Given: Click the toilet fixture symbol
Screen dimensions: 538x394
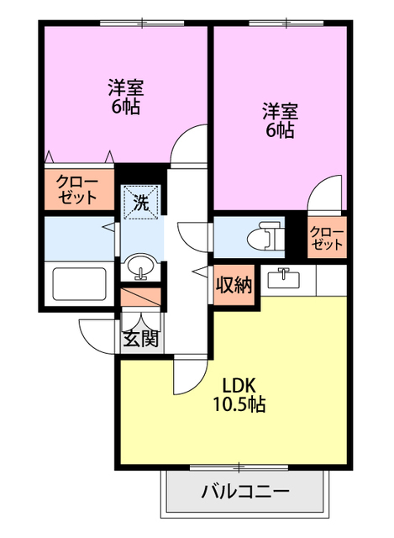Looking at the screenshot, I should [x=267, y=235].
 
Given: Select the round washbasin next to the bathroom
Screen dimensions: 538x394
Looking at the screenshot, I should [x=139, y=268].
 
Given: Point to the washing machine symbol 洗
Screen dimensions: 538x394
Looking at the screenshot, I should [x=141, y=202].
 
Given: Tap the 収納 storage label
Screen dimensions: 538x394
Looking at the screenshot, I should [x=234, y=284].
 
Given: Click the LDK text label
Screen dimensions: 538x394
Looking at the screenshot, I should [x=238, y=385].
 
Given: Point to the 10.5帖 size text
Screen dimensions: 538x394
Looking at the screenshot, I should [x=238, y=404].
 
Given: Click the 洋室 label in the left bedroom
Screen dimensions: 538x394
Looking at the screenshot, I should [x=123, y=87].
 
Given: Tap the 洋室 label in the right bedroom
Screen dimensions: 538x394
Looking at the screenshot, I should [x=280, y=110].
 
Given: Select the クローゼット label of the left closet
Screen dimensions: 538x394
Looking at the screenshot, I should [x=77, y=191].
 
